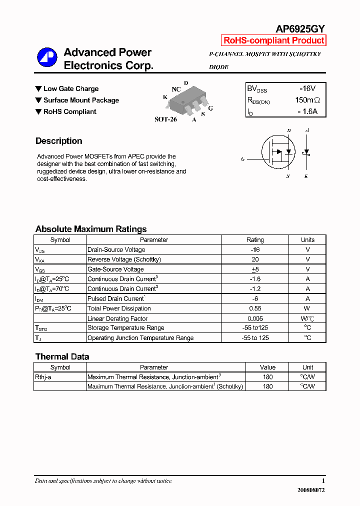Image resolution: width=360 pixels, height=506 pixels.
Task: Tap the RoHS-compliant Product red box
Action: click(273, 41)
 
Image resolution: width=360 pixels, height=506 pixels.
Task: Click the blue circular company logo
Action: click(47, 57)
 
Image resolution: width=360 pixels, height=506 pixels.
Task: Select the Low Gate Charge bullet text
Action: click(70, 89)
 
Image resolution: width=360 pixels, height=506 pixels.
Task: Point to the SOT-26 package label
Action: click(165, 120)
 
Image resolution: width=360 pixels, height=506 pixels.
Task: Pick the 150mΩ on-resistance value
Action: click(307, 100)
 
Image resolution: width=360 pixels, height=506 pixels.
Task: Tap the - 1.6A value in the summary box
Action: click(307, 111)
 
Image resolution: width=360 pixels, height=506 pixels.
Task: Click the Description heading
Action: click(58, 141)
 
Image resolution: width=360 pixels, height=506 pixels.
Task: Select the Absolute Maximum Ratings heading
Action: click(91, 229)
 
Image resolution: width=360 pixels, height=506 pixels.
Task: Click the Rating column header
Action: click(255, 240)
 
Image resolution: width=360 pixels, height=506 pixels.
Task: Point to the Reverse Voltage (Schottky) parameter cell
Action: click(124, 259)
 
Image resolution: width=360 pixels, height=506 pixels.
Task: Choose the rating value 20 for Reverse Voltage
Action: click(255, 259)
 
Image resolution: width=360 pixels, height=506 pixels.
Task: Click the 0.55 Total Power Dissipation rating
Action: click(255, 308)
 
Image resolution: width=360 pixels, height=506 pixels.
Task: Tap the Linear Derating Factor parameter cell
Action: click(117, 318)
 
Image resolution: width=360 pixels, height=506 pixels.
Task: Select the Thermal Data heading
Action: click(62, 356)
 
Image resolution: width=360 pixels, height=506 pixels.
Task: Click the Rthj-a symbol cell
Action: click(43, 377)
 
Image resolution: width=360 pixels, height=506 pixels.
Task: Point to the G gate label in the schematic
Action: click(242, 159)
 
